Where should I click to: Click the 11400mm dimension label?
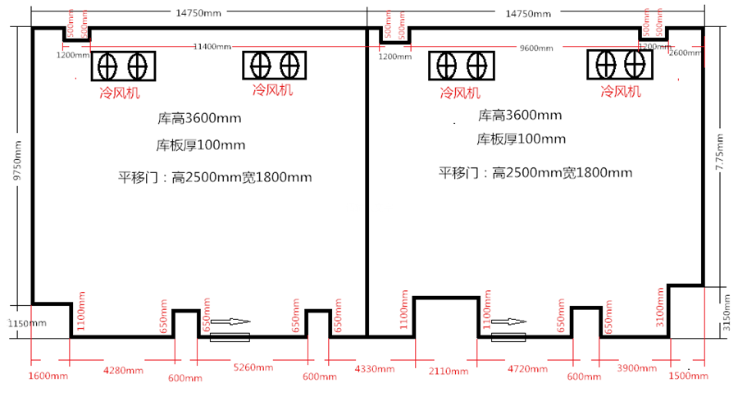click(x=212, y=47)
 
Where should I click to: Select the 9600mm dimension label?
click(x=536, y=48)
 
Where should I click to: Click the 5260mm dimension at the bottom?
click(x=253, y=368)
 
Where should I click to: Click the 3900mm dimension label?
click(x=636, y=369)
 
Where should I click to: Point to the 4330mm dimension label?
click(x=371, y=370)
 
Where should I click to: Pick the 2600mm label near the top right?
click(x=685, y=52)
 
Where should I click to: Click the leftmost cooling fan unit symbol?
click(x=123, y=65)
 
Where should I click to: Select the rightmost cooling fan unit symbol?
click(x=621, y=65)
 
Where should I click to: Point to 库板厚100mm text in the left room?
click(x=201, y=145)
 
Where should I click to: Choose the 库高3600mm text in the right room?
click(x=521, y=115)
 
